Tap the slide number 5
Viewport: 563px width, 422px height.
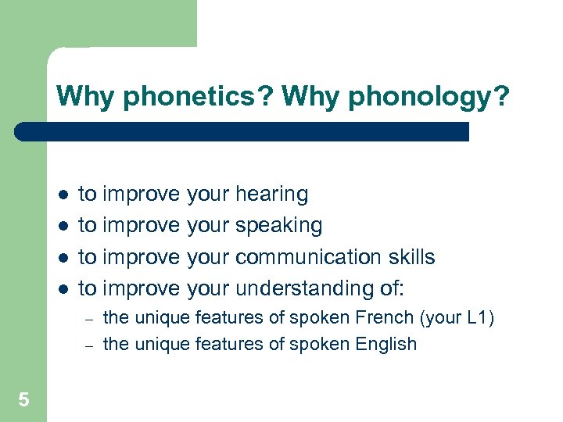point(23,401)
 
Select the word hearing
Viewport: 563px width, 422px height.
point(271,195)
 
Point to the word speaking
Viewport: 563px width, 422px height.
point(278,226)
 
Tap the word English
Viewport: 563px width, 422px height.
point(385,344)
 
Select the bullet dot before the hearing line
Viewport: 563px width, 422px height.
point(63,195)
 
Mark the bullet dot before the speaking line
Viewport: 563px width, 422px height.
point(63,226)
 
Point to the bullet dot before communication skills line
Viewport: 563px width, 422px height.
point(63,257)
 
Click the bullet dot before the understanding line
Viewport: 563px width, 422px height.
point(63,288)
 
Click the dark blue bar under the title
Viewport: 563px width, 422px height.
point(242,131)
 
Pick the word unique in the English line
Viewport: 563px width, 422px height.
point(160,344)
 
